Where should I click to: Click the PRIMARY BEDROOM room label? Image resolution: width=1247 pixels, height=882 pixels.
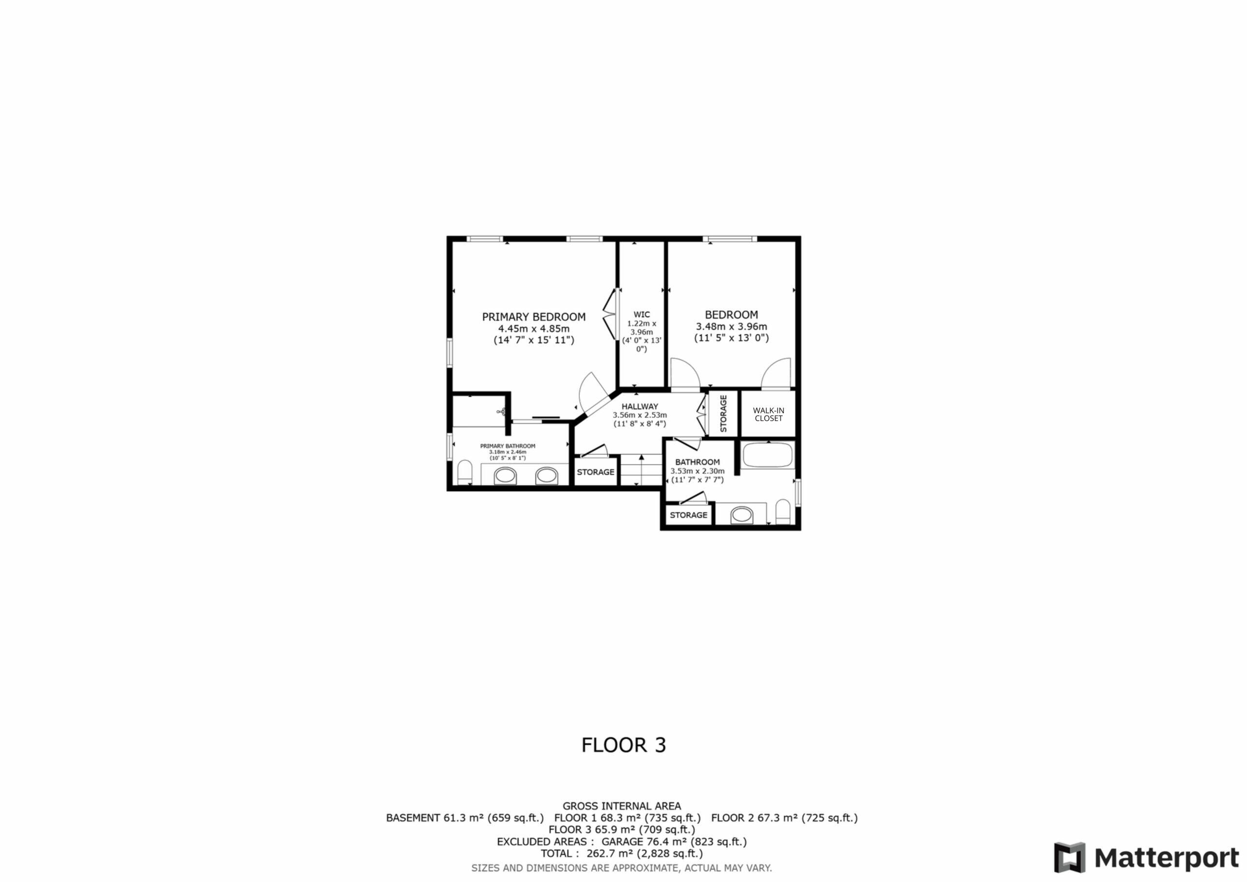(x=534, y=317)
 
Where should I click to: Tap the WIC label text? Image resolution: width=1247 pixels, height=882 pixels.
(x=642, y=315)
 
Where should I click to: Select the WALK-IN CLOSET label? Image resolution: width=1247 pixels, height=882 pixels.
(x=769, y=414)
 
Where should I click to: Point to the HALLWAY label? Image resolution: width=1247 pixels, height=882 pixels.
(x=640, y=406)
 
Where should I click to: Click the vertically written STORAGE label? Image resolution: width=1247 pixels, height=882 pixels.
(x=723, y=413)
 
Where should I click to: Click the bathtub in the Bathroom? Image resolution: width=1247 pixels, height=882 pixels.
(x=769, y=455)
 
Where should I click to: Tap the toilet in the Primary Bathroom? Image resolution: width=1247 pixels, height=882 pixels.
(x=465, y=473)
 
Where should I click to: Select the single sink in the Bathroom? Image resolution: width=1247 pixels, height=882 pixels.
(x=741, y=515)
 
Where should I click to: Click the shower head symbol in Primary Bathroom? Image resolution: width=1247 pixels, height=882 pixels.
(x=502, y=411)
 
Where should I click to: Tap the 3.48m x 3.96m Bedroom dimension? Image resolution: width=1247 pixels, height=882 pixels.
(x=731, y=326)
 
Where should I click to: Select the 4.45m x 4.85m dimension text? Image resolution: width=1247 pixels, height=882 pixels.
(x=534, y=329)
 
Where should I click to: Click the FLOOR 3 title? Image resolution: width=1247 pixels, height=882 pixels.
(x=623, y=745)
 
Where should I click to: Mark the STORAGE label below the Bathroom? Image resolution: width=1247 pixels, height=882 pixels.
(x=688, y=515)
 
